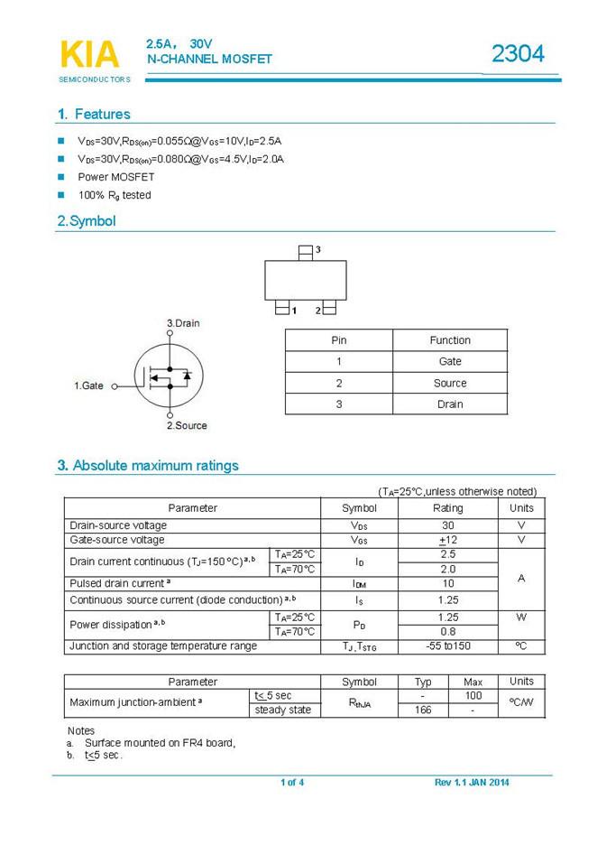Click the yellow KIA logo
(89, 55)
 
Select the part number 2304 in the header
(518, 55)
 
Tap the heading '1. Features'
(93, 115)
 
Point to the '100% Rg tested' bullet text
(115, 195)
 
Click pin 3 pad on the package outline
(306, 250)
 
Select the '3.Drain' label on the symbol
(183, 323)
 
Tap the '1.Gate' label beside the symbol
(88, 385)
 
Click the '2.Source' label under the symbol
(187, 425)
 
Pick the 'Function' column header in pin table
(450, 340)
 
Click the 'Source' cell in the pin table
(450, 383)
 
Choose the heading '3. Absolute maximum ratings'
(148, 466)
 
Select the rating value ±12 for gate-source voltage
(448, 540)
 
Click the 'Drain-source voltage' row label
(118, 525)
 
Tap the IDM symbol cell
(359, 584)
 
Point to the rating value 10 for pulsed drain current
(448, 584)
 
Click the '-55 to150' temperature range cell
(448, 646)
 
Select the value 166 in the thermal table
(423, 710)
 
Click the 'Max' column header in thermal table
(473, 682)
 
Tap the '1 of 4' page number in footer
(292, 782)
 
